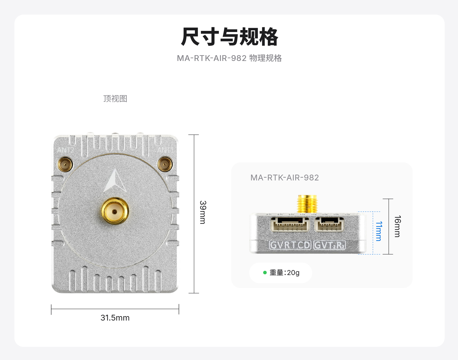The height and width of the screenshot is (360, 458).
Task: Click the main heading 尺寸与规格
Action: (x=229, y=36)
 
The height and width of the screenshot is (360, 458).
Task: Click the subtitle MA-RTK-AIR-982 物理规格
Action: (x=229, y=58)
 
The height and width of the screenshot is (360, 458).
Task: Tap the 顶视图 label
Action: (x=115, y=98)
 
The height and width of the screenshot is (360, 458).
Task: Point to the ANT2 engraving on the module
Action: (x=65, y=150)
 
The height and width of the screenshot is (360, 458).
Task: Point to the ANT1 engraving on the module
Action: (x=165, y=150)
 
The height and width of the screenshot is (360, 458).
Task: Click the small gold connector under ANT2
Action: (x=65, y=165)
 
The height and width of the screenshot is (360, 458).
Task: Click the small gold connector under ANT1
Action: (x=165, y=164)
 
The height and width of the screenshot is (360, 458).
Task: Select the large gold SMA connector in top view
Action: (x=115, y=211)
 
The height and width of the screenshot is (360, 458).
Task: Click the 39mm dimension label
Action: (x=203, y=212)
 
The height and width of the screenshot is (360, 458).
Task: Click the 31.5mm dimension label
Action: (x=115, y=318)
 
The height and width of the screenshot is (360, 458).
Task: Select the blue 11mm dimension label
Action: (x=379, y=231)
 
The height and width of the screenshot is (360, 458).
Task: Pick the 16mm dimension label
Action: (x=398, y=226)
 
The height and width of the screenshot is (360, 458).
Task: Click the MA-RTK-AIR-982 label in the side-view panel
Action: (x=285, y=178)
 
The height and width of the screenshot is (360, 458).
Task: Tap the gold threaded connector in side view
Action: (x=307, y=204)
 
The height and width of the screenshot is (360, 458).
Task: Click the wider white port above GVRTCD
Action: (x=290, y=224)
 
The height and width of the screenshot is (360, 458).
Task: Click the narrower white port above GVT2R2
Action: (x=330, y=224)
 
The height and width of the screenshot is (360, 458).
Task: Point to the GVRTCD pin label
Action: (x=290, y=245)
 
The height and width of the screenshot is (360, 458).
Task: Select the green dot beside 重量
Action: (x=265, y=273)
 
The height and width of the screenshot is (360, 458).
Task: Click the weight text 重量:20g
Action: (x=285, y=273)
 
